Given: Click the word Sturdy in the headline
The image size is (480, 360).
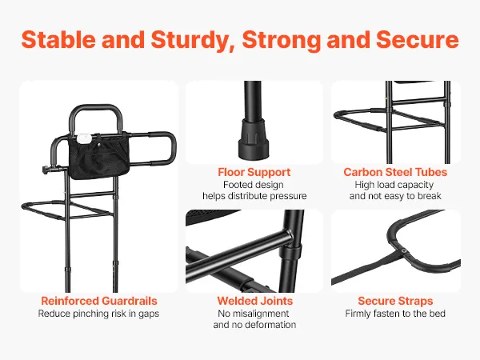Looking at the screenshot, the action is pyautogui.click(x=193, y=40).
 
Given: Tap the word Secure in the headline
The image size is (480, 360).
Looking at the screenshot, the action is pyautogui.click(x=418, y=39).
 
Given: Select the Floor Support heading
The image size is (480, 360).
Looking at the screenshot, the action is pyautogui.click(x=254, y=172).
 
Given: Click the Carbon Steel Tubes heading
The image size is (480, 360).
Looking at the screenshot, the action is pyautogui.click(x=395, y=172).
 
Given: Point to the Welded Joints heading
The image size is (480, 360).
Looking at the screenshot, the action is pyautogui.click(x=255, y=301).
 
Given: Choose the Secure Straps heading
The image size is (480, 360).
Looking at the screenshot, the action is pyautogui.click(x=395, y=301).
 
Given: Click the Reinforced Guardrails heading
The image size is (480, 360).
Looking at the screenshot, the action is pyautogui.click(x=99, y=301).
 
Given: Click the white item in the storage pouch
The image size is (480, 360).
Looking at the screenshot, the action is pyautogui.click(x=83, y=138).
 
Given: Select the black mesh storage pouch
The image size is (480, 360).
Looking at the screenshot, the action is pyautogui.click(x=99, y=155).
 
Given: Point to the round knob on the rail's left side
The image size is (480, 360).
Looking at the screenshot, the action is pyautogui.click(x=45, y=170).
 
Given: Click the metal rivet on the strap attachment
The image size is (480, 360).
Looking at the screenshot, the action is pyautogui.click(x=404, y=251).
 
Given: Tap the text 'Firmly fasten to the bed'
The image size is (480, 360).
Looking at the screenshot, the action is pyautogui.click(x=395, y=314).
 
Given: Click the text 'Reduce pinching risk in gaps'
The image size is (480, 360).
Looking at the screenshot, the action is pyautogui.click(x=98, y=314).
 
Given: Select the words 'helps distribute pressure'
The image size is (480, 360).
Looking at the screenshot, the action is pyautogui.click(x=254, y=196).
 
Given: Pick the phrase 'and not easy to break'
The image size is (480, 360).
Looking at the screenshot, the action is pyautogui.click(x=395, y=196).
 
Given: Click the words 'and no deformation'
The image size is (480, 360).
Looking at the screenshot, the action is pyautogui.click(x=254, y=325).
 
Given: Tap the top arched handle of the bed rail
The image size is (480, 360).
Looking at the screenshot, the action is pyautogui.click(x=96, y=108).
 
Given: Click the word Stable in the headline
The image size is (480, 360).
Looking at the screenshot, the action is pyautogui.click(x=58, y=39).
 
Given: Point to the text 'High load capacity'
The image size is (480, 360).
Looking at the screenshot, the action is pyautogui.click(x=394, y=185).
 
